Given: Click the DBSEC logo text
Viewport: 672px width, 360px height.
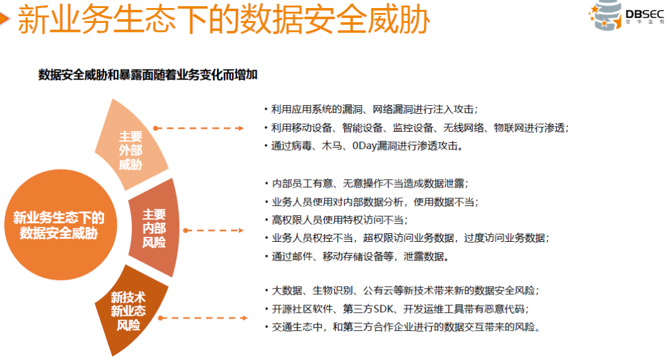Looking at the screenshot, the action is [x=645, y=14].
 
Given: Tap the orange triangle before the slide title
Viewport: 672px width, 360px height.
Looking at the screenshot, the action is [x=4, y=19].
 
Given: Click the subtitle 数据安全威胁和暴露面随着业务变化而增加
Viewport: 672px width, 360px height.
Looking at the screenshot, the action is [x=148, y=75].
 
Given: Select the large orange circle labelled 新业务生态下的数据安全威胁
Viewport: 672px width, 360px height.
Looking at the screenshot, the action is [x=60, y=224].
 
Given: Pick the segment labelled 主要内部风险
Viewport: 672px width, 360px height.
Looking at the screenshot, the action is [x=154, y=228].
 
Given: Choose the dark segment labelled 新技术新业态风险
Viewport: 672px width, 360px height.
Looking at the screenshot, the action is [x=129, y=310].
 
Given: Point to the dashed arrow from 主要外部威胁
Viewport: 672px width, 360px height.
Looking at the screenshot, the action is [x=198, y=128].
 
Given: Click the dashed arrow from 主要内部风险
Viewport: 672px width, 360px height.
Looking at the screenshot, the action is [x=213, y=230].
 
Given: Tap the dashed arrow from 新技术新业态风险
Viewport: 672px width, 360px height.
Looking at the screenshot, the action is [x=203, y=318].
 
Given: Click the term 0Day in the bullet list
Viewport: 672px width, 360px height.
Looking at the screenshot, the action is [x=364, y=146].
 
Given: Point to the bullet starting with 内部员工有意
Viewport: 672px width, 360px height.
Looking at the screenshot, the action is [x=367, y=183].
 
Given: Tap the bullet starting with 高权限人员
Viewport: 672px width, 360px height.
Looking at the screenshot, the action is [x=337, y=219].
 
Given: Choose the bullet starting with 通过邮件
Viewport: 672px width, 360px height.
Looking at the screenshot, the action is [x=357, y=256].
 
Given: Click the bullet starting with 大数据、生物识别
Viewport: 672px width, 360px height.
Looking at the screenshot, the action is [x=402, y=290].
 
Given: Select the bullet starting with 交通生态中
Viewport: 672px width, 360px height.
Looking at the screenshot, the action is [x=402, y=327].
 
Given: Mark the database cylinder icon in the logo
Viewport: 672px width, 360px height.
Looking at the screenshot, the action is [x=605, y=15].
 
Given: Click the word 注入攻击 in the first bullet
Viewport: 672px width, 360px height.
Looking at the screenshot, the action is [x=454, y=109].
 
